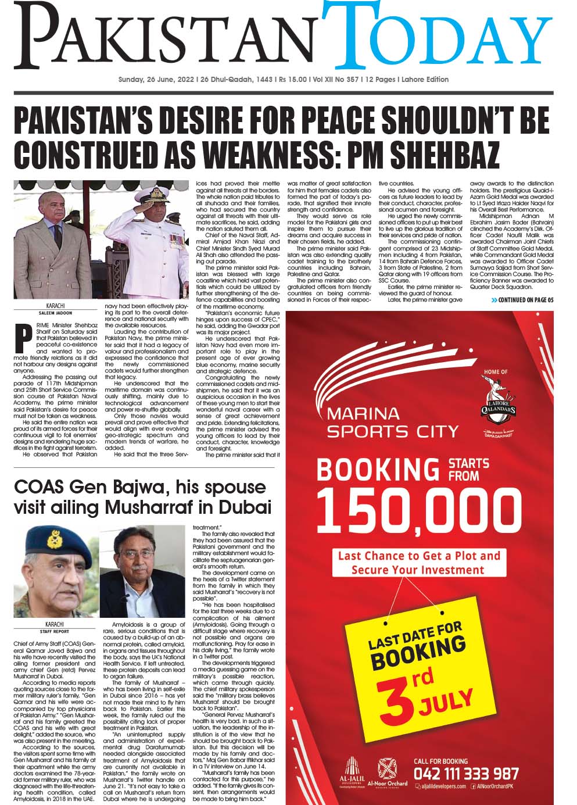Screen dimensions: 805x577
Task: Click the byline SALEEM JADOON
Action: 55,312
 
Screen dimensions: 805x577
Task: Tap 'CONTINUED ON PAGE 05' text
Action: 522,300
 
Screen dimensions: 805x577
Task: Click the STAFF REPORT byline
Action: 55,631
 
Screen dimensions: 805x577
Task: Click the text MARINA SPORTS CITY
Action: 392,423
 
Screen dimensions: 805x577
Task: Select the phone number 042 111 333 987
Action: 465,774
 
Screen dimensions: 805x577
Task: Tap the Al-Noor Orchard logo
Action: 388,772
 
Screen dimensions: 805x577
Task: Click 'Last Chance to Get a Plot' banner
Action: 418,563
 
